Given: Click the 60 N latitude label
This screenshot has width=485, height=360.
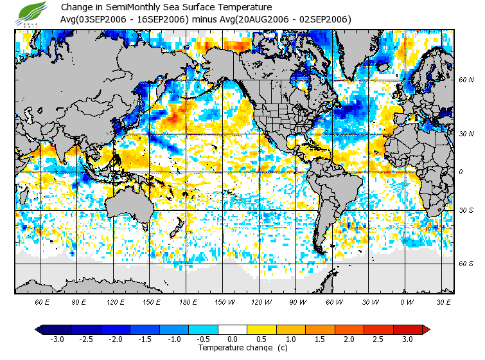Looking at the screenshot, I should (x=466, y=80).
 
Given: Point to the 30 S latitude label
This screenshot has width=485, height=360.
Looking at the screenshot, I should (x=466, y=210).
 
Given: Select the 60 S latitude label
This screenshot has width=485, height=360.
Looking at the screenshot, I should (x=466, y=263).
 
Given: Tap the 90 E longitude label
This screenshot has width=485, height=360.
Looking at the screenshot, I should (x=78, y=301).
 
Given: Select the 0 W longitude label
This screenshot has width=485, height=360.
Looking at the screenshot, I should (x=406, y=301).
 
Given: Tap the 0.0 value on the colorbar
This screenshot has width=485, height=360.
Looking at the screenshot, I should (x=232, y=339).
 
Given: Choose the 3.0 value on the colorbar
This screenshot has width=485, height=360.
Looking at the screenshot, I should (x=407, y=339).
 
